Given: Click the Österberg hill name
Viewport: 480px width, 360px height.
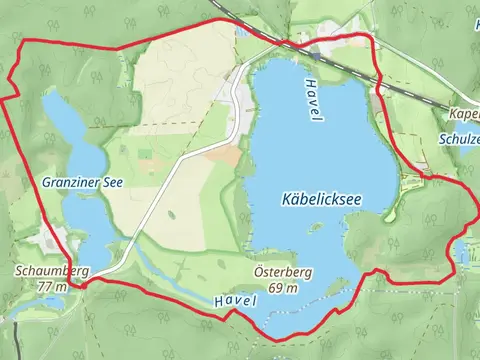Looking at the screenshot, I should [276, 272].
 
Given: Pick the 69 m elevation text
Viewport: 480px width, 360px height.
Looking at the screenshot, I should [282, 288].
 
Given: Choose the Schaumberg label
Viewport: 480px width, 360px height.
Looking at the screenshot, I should [52, 271].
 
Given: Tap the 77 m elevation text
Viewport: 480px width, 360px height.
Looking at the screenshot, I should [53, 286].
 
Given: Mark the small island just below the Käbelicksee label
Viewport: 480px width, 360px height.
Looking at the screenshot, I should [316, 226].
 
